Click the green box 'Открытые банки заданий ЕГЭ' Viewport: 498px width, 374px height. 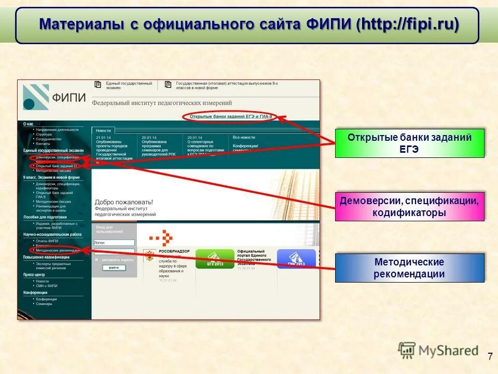[x=409, y=143]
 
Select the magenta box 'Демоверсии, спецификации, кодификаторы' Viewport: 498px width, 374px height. [x=409, y=206]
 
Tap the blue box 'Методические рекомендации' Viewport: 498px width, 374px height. [x=409, y=268]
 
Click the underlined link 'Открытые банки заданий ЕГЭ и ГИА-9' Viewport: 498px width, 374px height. [x=230, y=117]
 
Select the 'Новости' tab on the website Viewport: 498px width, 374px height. [x=103, y=130]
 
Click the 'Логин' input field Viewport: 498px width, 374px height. [x=114, y=243]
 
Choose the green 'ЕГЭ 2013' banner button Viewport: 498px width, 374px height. [x=214, y=259]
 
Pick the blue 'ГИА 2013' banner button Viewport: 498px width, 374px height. [x=296, y=259]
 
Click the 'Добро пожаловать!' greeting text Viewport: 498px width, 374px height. [x=123, y=202]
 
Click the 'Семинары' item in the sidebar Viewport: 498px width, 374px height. [x=44, y=304]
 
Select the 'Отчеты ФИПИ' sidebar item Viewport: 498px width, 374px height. [x=47, y=241]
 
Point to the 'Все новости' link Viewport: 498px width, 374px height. [x=244, y=137]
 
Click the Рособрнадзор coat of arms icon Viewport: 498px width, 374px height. [x=149, y=256]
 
